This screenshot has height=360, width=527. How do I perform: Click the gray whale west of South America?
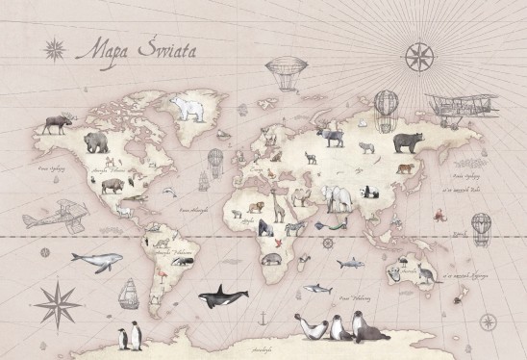click(x=100, y=260)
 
